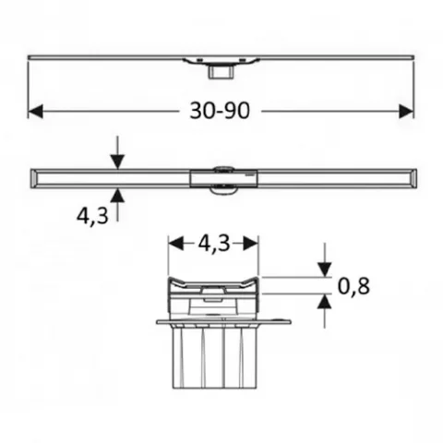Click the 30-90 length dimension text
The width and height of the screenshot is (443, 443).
tap(221, 111)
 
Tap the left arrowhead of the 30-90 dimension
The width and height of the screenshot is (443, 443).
tap(35, 111)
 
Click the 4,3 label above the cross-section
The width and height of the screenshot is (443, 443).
tap(213, 245)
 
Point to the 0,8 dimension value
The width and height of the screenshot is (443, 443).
tap(353, 286)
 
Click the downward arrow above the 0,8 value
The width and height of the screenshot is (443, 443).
tap(324, 268)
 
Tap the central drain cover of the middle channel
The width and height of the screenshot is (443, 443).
tap(221, 177)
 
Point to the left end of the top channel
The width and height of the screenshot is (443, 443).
tap(30, 58)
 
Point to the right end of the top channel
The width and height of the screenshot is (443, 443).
tap(412, 58)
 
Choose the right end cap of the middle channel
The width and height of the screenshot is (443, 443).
tap(410, 175)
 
